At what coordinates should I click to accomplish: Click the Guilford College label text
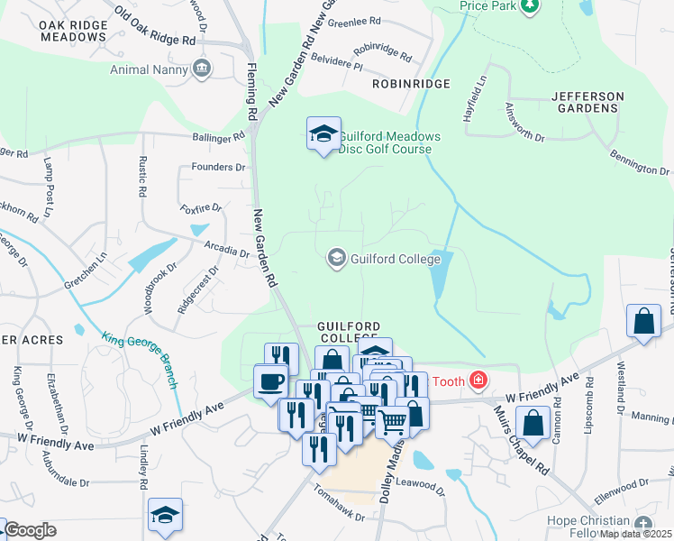click(396, 260)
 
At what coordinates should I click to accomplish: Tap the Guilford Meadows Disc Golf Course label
click(389, 142)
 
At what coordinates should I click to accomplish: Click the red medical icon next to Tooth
click(478, 381)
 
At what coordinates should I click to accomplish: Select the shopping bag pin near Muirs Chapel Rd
click(533, 424)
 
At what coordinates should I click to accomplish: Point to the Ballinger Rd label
click(218, 139)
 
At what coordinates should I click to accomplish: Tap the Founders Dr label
click(218, 168)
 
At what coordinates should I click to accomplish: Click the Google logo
click(30, 530)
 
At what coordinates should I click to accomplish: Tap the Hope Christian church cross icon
click(642, 524)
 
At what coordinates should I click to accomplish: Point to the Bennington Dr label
click(641, 163)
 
